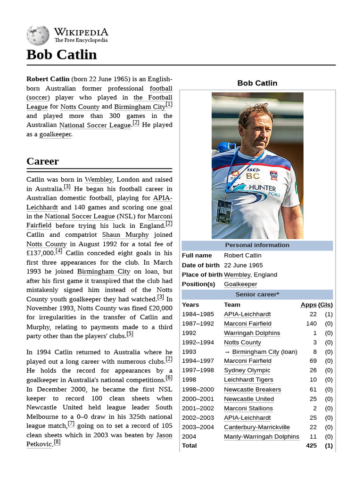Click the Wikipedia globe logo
coord(38,36)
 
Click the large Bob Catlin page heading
coord(62,55)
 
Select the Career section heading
coord(43,161)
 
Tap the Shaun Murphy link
coord(125,235)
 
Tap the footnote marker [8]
coord(57,442)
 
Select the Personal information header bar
coord(257,245)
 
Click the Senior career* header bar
coord(257,295)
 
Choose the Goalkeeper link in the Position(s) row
coord(240,284)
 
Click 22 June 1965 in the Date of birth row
coord(243,265)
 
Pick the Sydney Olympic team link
coord(247,371)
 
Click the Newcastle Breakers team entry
coord(252,390)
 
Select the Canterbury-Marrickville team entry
coord(257,427)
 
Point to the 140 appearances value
coord(311,324)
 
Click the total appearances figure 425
coord(311,446)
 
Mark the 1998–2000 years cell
coord(198,390)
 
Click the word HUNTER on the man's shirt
coord(262,188)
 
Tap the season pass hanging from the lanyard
coord(224,211)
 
